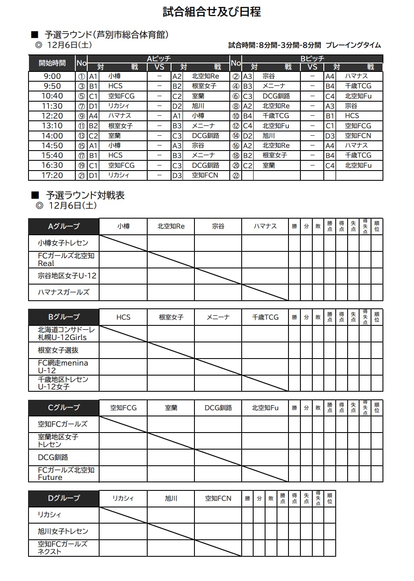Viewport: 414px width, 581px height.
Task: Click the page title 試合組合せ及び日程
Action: coord(211,12)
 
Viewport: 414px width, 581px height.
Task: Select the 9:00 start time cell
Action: coord(52,77)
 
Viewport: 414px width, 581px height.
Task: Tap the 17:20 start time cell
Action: coord(52,175)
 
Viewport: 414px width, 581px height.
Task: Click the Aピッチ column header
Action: coord(159,59)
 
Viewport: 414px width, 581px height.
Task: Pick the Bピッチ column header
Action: coord(312,59)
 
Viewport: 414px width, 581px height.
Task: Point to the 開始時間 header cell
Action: coord(52,63)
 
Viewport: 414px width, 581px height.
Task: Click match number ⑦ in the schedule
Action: coord(82,106)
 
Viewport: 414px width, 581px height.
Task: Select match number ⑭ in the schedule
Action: coord(236,136)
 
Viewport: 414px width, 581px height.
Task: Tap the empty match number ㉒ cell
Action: coord(236,175)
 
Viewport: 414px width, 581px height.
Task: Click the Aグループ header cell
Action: coord(64,226)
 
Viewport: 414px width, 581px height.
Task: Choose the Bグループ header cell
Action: coord(64,317)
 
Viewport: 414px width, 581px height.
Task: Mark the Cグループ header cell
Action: coord(64,407)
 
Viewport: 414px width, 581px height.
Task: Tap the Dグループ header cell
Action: coord(64,498)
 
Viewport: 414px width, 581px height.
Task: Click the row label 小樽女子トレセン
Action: coord(63,243)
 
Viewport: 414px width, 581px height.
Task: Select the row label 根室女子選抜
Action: coord(58,350)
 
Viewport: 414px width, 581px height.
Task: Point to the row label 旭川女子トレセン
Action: coord(63,531)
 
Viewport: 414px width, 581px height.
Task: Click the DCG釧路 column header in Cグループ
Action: coord(218,408)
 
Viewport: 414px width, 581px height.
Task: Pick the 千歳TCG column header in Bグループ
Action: coord(265,317)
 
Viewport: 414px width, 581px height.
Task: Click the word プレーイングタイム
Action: coord(353,45)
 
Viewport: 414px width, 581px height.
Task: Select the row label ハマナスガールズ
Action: coord(64,292)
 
